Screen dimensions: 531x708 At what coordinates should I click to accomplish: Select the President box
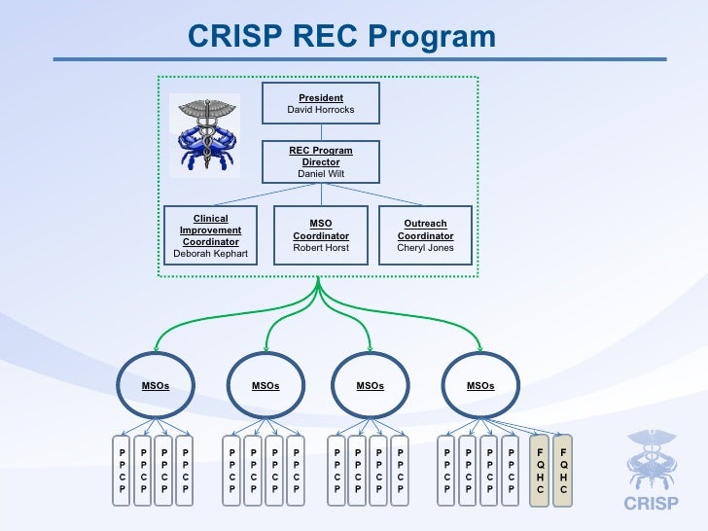(x=321, y=103)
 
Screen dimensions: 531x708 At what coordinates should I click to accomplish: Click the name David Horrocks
(x=321, y=110)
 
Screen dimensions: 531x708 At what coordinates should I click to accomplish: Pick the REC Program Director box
(x=321, y=161)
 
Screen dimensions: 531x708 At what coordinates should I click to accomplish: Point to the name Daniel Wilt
(x=321, y=173)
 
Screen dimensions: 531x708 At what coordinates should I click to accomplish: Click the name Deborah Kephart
(x=210, y=254)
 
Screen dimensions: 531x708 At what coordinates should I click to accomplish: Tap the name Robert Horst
(x=321, y=248)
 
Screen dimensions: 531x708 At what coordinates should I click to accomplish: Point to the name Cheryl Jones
(x=425, y=248)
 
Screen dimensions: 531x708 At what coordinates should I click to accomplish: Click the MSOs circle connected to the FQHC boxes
(x=480, y=386)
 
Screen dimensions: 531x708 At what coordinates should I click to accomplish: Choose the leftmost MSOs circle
(x=156, y=386)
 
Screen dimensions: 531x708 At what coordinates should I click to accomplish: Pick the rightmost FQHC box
(x=563, y=471)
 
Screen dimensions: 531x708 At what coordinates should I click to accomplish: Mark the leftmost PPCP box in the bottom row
(x=123, y=471)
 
